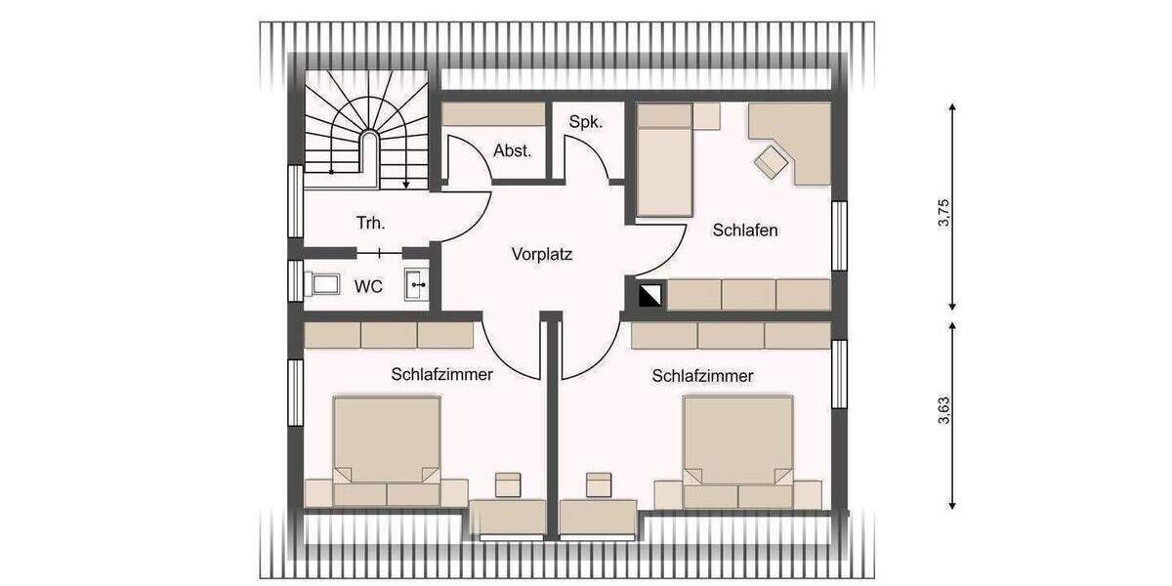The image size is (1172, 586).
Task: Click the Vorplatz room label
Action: (x=542, y=255)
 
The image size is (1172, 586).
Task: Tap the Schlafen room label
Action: (x=745, y=230)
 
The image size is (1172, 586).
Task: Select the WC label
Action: (x=368, y=286)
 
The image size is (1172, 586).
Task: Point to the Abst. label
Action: (x=513, y=150)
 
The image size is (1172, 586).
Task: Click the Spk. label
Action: (x=586, y=122)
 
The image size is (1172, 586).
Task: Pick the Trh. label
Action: (x=370, y=223)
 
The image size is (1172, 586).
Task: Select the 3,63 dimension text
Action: (x=943, y=414)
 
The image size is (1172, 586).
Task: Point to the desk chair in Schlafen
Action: (x=772, y=161)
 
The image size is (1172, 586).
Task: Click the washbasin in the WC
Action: (x=417, y=285)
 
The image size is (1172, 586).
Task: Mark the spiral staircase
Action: (x=367, y=127)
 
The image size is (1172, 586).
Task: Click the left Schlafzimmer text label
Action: (x=441, y=374)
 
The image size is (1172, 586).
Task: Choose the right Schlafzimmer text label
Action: (x=703, y=375)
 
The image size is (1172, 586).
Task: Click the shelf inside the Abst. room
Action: (x=493, y=114)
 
